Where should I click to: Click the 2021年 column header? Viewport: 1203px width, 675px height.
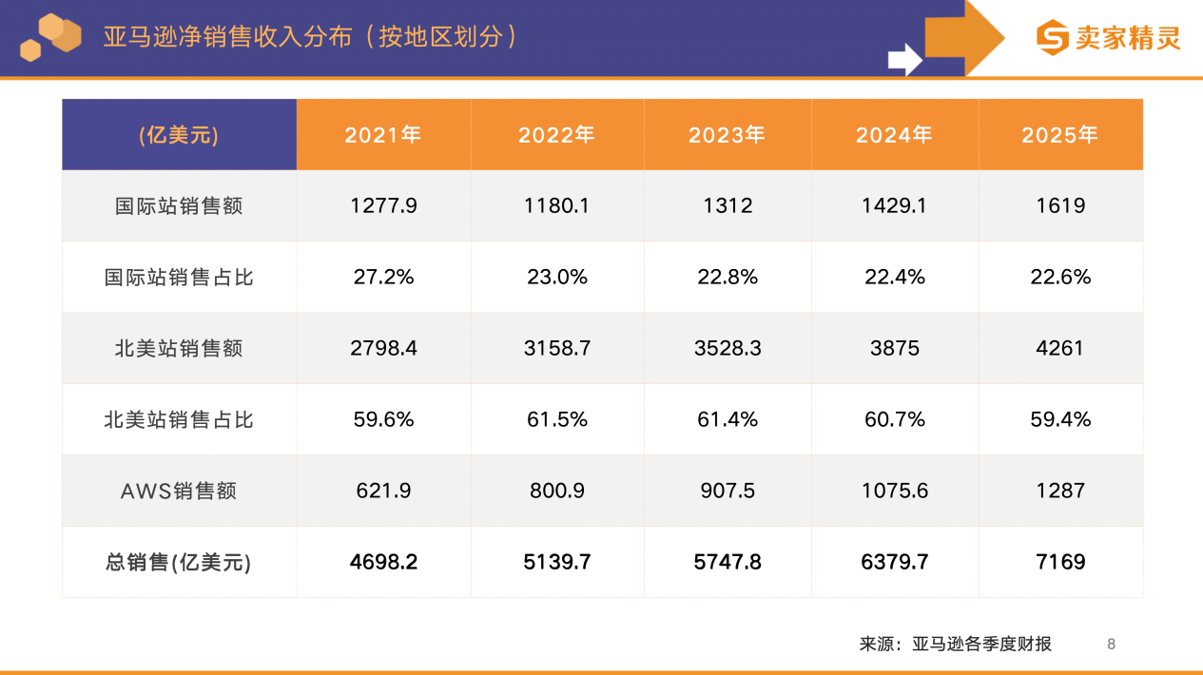(x=382, y=135)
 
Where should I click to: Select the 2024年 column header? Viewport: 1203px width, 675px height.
(x=894, y=135)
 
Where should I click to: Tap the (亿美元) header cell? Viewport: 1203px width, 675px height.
(x=179, y=135)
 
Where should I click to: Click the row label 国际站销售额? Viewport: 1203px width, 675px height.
(x=179, y=205)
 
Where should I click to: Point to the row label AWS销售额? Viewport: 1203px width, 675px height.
(x=179, y=491)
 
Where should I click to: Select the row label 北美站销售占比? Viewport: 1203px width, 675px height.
(x=179, y=419)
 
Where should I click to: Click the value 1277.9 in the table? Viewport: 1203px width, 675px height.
(x=383, y=205)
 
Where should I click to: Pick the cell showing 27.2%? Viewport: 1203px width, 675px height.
(x=383, y=277)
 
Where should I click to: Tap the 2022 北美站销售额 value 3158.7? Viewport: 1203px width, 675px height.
(x=556, y=348)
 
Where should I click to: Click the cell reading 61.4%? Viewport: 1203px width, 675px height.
(x=728, y=419)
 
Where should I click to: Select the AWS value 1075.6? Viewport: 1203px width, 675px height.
(x=894, y=491)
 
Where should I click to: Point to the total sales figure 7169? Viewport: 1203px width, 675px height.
(x=1060, y=562)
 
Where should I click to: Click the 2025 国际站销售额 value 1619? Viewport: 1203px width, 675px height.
(x=1060, y=205)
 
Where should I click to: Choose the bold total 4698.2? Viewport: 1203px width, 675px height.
(x=383, y=562)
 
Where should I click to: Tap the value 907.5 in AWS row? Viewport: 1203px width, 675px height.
(x=728, y=491)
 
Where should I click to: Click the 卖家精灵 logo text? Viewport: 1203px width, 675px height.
(x=1127, y=38)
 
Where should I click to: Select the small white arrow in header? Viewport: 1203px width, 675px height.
(x=904, y=59)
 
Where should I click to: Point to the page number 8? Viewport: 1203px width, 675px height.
(x=1111, y=644)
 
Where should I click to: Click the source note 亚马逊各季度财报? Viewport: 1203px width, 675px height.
(x=981, y=644)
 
